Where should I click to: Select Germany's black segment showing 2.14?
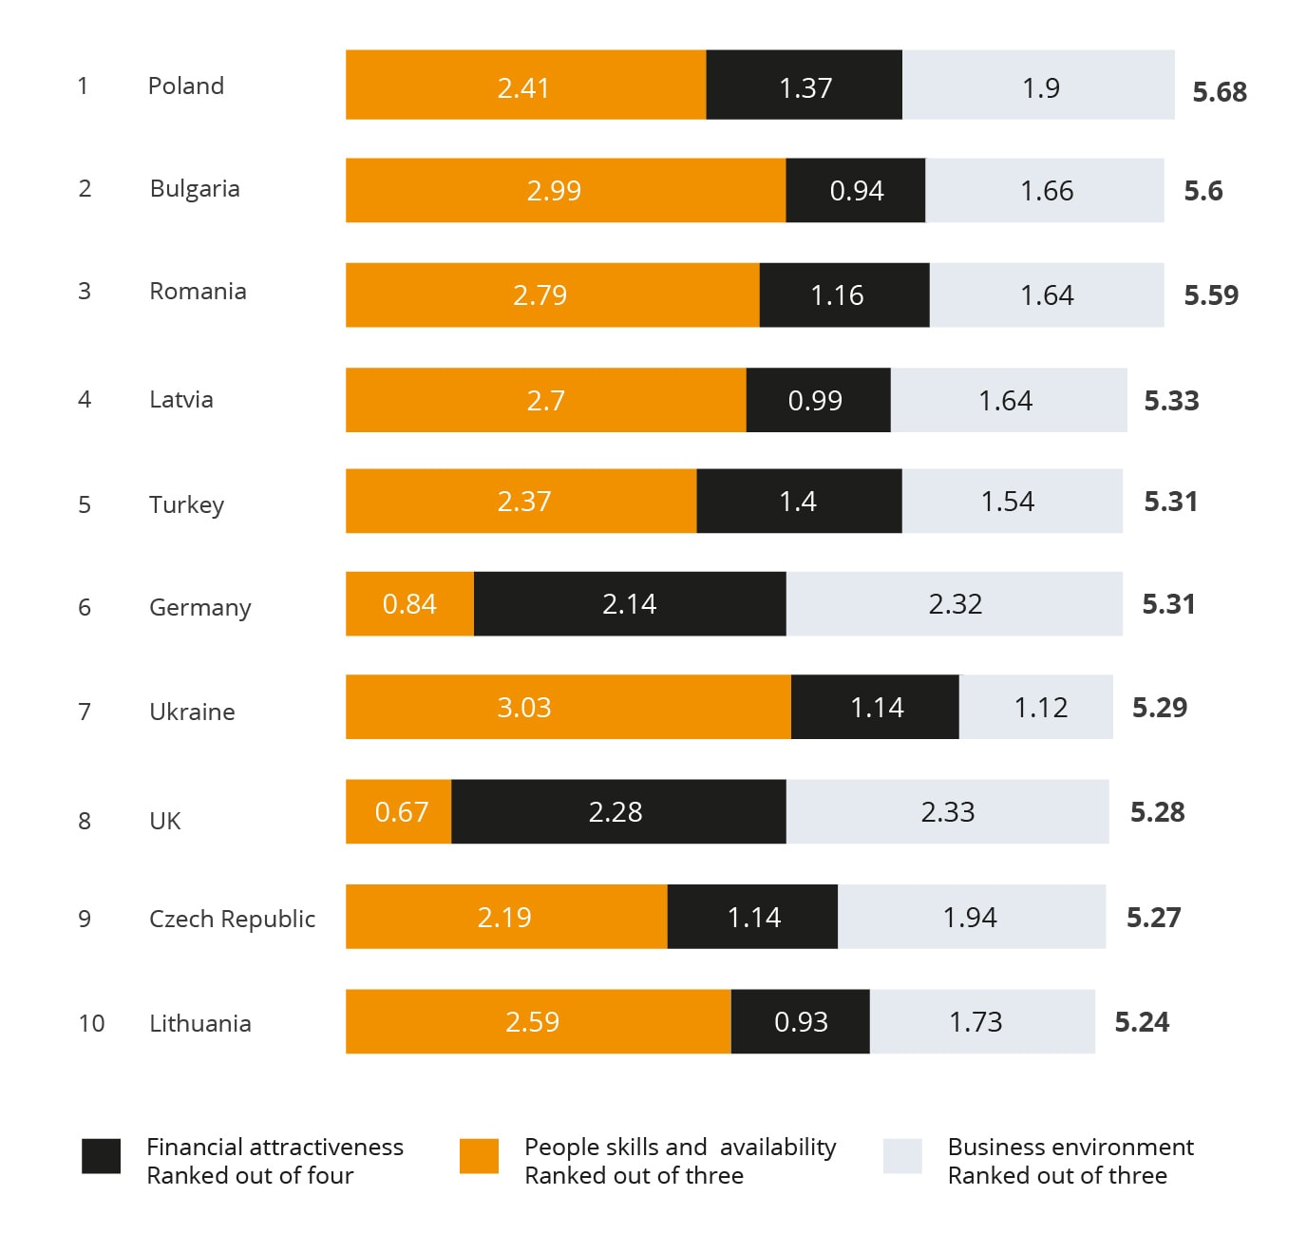pos(629,604)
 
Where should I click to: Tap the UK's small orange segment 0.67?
pos(399,812)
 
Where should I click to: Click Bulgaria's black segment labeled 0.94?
pos(856,191)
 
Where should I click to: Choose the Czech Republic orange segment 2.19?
pos(505,918)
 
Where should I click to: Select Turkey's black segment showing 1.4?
pos(799,502)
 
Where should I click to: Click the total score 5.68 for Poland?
pos(1220,92)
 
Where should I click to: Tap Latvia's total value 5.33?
pos(1171,401)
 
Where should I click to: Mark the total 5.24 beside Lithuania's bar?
pos(1142,1022)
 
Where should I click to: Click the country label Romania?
pos(198,292)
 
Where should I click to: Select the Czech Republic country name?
pos(232,920)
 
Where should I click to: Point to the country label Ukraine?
pos(192,712)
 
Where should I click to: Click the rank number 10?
pos(91,1024)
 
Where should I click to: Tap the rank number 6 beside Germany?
pos(85,608)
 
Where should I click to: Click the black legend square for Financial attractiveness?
pos(101,1156)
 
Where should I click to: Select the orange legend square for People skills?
pos(479,1156)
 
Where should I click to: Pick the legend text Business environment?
pos(1070,1148)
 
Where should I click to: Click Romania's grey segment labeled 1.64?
pos(1047,295)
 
